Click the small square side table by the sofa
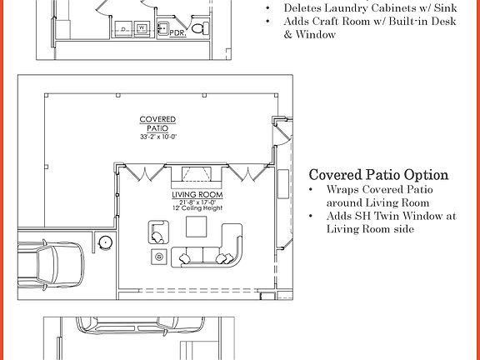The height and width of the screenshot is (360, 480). pos(157,257)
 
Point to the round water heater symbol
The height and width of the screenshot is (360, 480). pos(106,242)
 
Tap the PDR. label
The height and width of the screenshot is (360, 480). pos(177,34)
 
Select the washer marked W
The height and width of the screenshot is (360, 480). pos(142,28)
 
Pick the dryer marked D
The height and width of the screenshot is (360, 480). pos(125,28)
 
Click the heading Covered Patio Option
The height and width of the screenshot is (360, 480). pos(378,175)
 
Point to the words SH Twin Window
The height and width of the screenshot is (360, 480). pos(391,216)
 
